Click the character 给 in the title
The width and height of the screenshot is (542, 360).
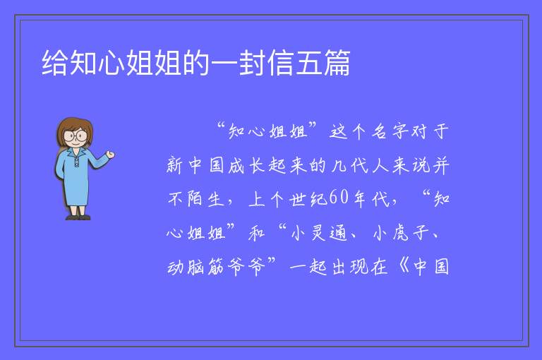55,63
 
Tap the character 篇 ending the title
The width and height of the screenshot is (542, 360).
337,63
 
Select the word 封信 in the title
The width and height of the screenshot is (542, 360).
266,63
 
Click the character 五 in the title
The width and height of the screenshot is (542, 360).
308,63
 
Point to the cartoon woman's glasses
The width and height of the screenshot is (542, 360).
75,136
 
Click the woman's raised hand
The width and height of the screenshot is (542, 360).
110,155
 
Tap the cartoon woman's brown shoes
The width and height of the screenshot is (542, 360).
78,217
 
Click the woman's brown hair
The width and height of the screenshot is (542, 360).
75,128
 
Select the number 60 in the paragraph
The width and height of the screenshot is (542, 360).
339,198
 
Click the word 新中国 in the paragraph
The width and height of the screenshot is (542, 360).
195,165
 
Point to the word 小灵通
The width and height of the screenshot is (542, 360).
318,233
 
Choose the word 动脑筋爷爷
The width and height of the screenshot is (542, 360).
216,267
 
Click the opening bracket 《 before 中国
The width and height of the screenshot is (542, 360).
404,267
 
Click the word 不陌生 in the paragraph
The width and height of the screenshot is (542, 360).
195,199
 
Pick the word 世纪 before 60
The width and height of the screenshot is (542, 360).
308,199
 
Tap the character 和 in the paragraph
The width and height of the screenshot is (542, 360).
257,233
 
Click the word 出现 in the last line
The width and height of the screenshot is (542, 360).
349,267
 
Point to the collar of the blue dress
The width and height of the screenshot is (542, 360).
76,153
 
